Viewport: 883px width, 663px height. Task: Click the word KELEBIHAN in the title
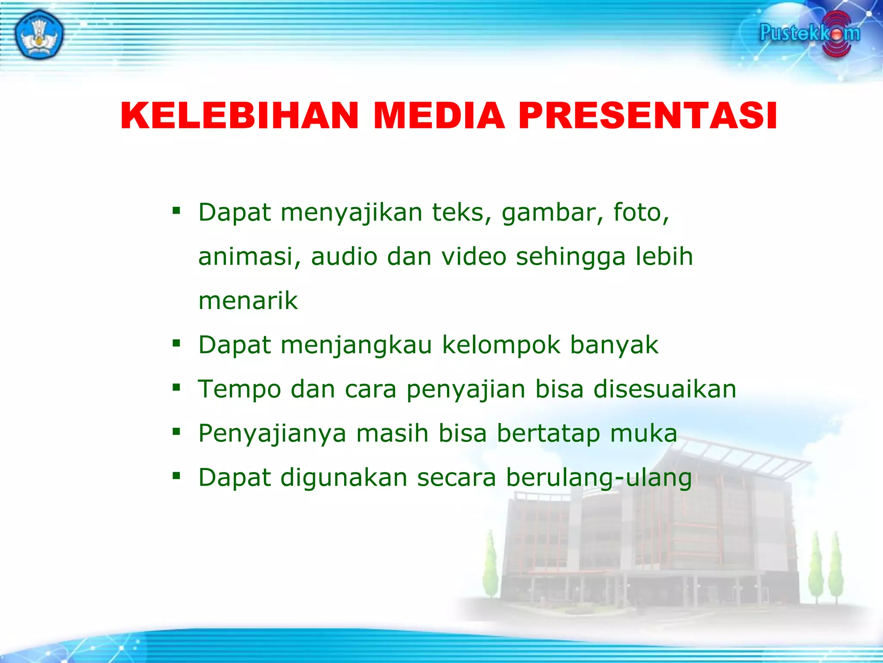240,116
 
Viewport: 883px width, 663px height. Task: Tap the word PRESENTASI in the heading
648,116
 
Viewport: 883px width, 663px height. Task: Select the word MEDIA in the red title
438,116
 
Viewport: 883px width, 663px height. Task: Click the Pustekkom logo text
809,33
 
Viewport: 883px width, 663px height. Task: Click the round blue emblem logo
39,35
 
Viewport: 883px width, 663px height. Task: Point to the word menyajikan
351,213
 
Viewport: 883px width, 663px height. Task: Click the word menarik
248,301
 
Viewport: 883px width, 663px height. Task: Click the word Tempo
239,389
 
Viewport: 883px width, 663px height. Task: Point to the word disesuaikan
665,389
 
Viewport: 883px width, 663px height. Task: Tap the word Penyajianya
272,433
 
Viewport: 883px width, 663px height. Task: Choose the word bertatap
548,433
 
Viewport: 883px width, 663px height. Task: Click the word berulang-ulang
599,478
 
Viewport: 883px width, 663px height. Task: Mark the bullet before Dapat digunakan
176,476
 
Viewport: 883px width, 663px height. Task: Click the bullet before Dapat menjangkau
176,344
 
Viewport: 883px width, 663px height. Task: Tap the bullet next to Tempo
176,388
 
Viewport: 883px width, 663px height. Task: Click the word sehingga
571,257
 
